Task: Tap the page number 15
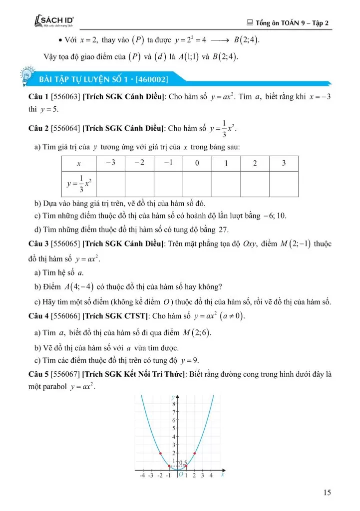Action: [x=327, y=493]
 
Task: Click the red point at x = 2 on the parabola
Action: [x=194, y=453]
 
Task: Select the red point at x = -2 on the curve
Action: [x=160, y=453]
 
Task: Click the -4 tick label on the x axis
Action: [x=142, y=476]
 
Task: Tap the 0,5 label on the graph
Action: [x=183, y=463]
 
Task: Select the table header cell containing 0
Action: [x=197, y=163]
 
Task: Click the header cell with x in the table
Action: [x=78, y=164]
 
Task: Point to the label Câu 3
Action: [x=38, y=244]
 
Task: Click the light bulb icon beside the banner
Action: [x=25, y=77]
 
